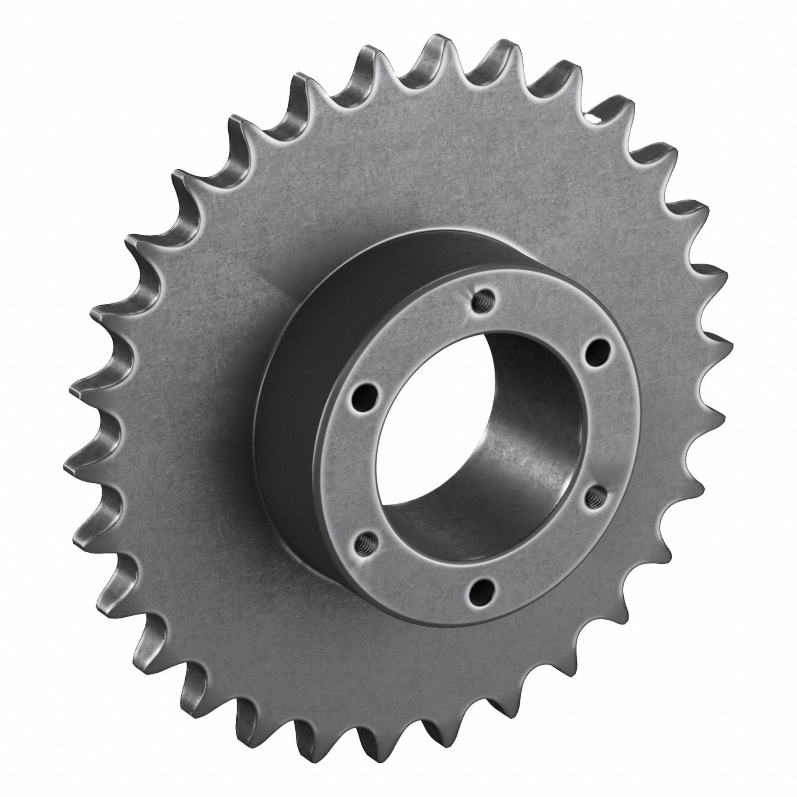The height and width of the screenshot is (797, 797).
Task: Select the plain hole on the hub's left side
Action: (x=366, y=396)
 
